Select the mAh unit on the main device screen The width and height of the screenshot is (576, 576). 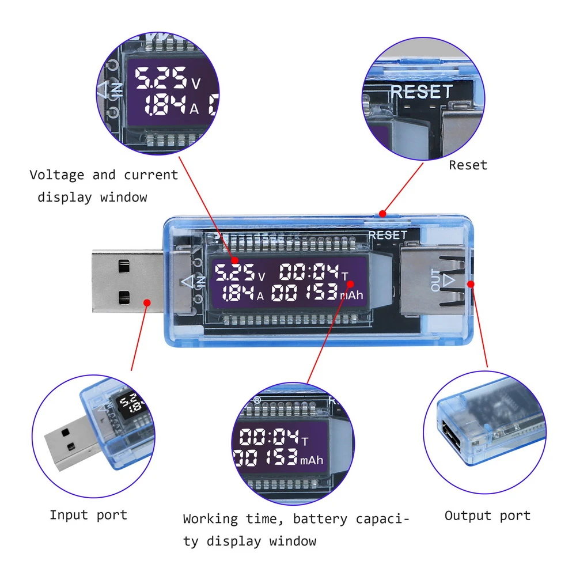(x=352, y=295)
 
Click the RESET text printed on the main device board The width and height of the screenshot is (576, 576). (x=388, y=235)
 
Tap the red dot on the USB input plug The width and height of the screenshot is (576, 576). (x=147, y=301)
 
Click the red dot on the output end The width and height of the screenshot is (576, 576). (x=471, y=283)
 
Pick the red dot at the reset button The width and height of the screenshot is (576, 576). (x=382, y=214)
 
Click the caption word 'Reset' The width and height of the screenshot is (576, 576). (x=468, y=165)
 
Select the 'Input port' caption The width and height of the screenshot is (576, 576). (x=88, y=515)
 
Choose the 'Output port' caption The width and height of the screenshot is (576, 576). (x=487, y=516)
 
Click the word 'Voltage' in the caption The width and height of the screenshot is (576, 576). (x=56, y=175)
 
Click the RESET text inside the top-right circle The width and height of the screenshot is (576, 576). (x=422, y=92)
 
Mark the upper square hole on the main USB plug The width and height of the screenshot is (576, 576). (x=122, y=266)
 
